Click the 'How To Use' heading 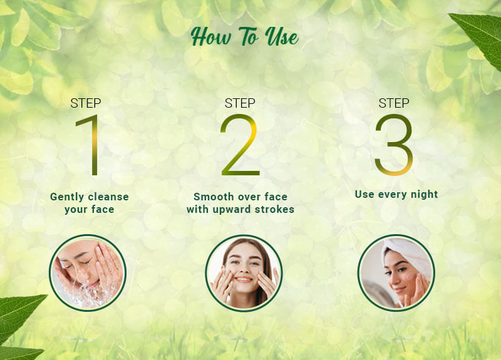point(245,38)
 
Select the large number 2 point(239,145)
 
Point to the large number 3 point(394,145)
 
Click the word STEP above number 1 point(86,103)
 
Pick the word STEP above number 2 point(240,103)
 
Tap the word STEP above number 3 point(394,103)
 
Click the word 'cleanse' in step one point(107,197)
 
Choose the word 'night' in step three point(424,194)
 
